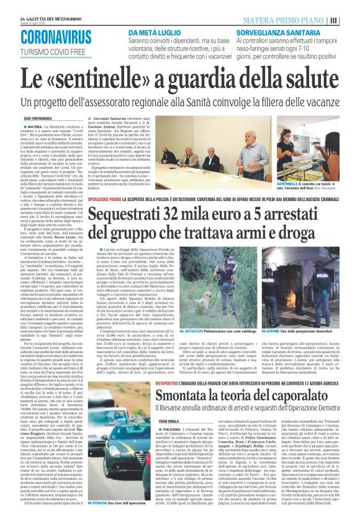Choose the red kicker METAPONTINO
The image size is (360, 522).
[107, 365]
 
